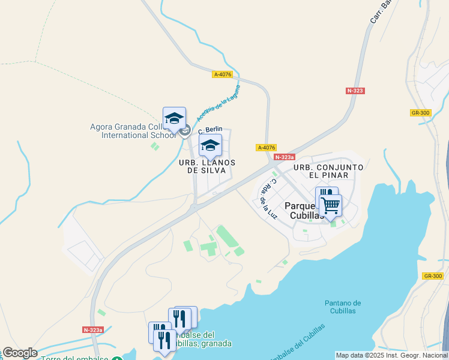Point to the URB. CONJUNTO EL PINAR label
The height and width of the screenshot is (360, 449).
coord(328,171)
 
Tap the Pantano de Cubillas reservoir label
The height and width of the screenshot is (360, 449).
coord(343,307)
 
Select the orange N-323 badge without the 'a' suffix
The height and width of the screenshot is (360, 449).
coord(355,91)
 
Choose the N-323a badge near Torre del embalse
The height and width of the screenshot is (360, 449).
coord(93,329)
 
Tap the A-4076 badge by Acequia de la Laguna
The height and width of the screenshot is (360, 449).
coord(222,74)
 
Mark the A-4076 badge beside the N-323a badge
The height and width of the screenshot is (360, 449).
coord(266,148)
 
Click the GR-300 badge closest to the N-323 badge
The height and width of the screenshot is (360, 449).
coord(421,113)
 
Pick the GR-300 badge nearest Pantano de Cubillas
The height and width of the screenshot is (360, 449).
coord(433,276)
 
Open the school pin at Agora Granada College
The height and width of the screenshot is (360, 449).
coord(174,118)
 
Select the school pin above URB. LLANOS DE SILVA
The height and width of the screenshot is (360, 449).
coord(210,145)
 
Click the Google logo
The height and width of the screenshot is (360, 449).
coord(19,353)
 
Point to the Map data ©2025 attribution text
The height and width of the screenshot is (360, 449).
coord(391,355)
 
